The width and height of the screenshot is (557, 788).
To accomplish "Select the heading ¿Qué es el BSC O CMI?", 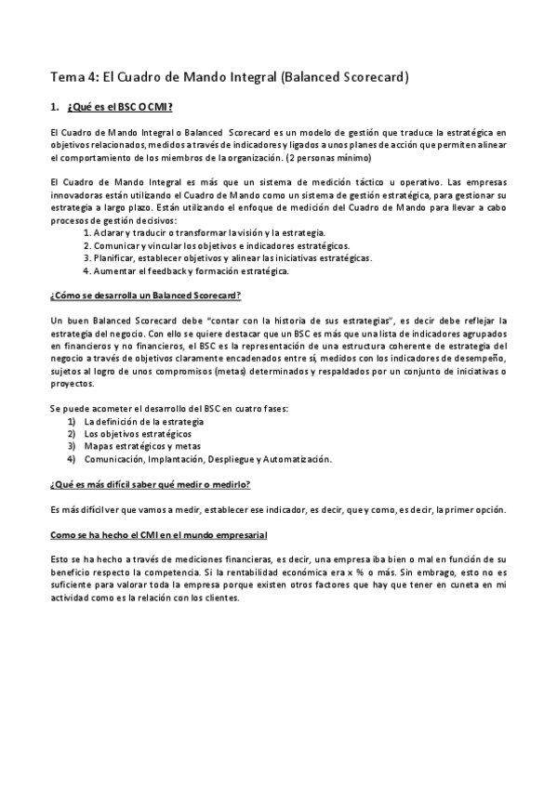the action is (x=118, y=108).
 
